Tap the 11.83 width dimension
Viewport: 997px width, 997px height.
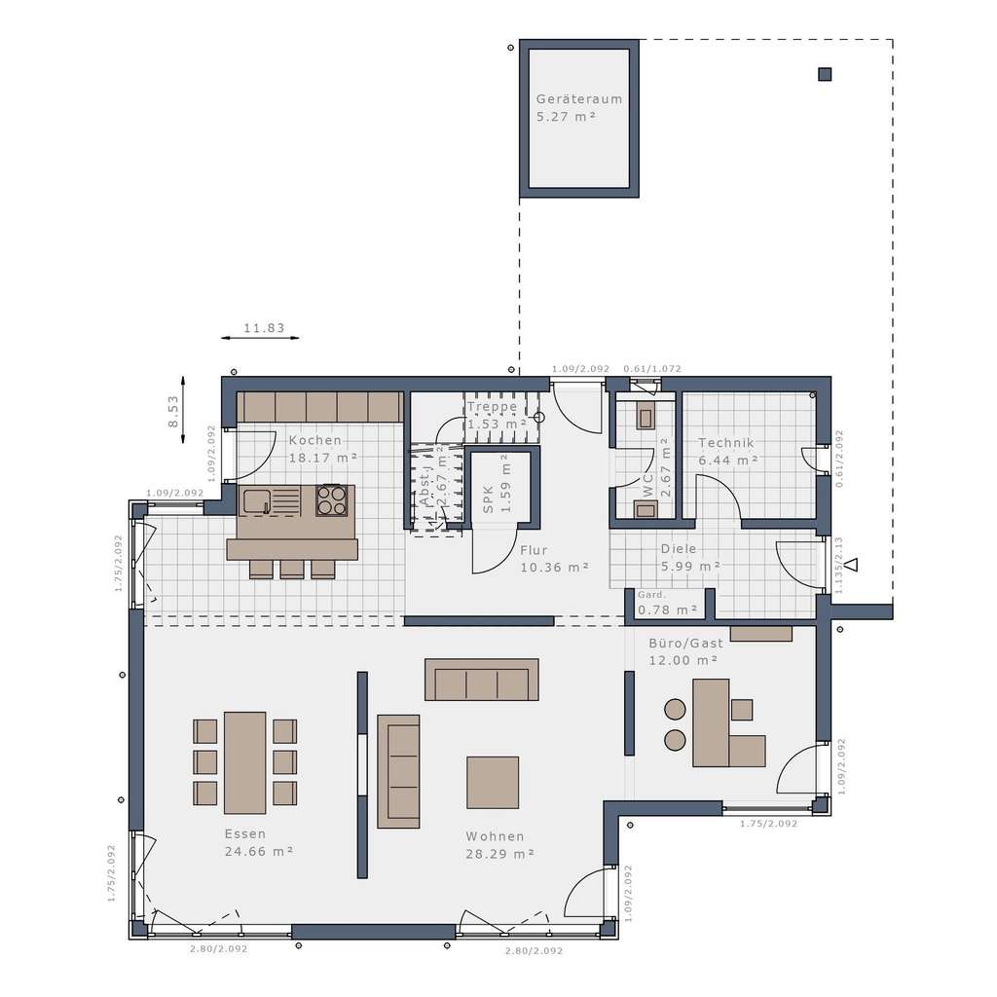263,328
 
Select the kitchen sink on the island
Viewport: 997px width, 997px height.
257,500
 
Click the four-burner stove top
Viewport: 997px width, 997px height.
331,499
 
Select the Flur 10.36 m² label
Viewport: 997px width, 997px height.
554,558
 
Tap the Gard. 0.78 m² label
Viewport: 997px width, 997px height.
667,603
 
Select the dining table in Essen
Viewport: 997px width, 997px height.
244,762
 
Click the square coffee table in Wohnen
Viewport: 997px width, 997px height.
493,783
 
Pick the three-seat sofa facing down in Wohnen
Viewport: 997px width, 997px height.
482,680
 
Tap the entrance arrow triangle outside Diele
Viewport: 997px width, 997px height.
851,564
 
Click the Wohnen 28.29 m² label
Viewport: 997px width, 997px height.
499,844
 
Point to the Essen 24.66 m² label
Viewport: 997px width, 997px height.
259,842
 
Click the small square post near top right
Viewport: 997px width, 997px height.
825,74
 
